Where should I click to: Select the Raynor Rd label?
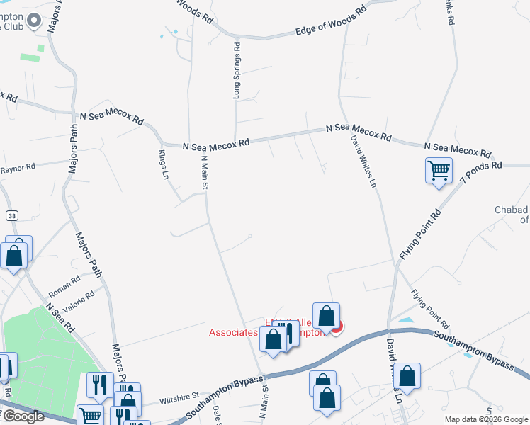[17, 169]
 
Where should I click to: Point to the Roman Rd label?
[64, 287]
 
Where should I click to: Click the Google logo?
[23, 416]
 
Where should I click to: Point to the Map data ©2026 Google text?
[485, 419]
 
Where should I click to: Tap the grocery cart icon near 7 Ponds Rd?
[439, 170]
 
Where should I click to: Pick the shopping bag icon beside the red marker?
[326, 315]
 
